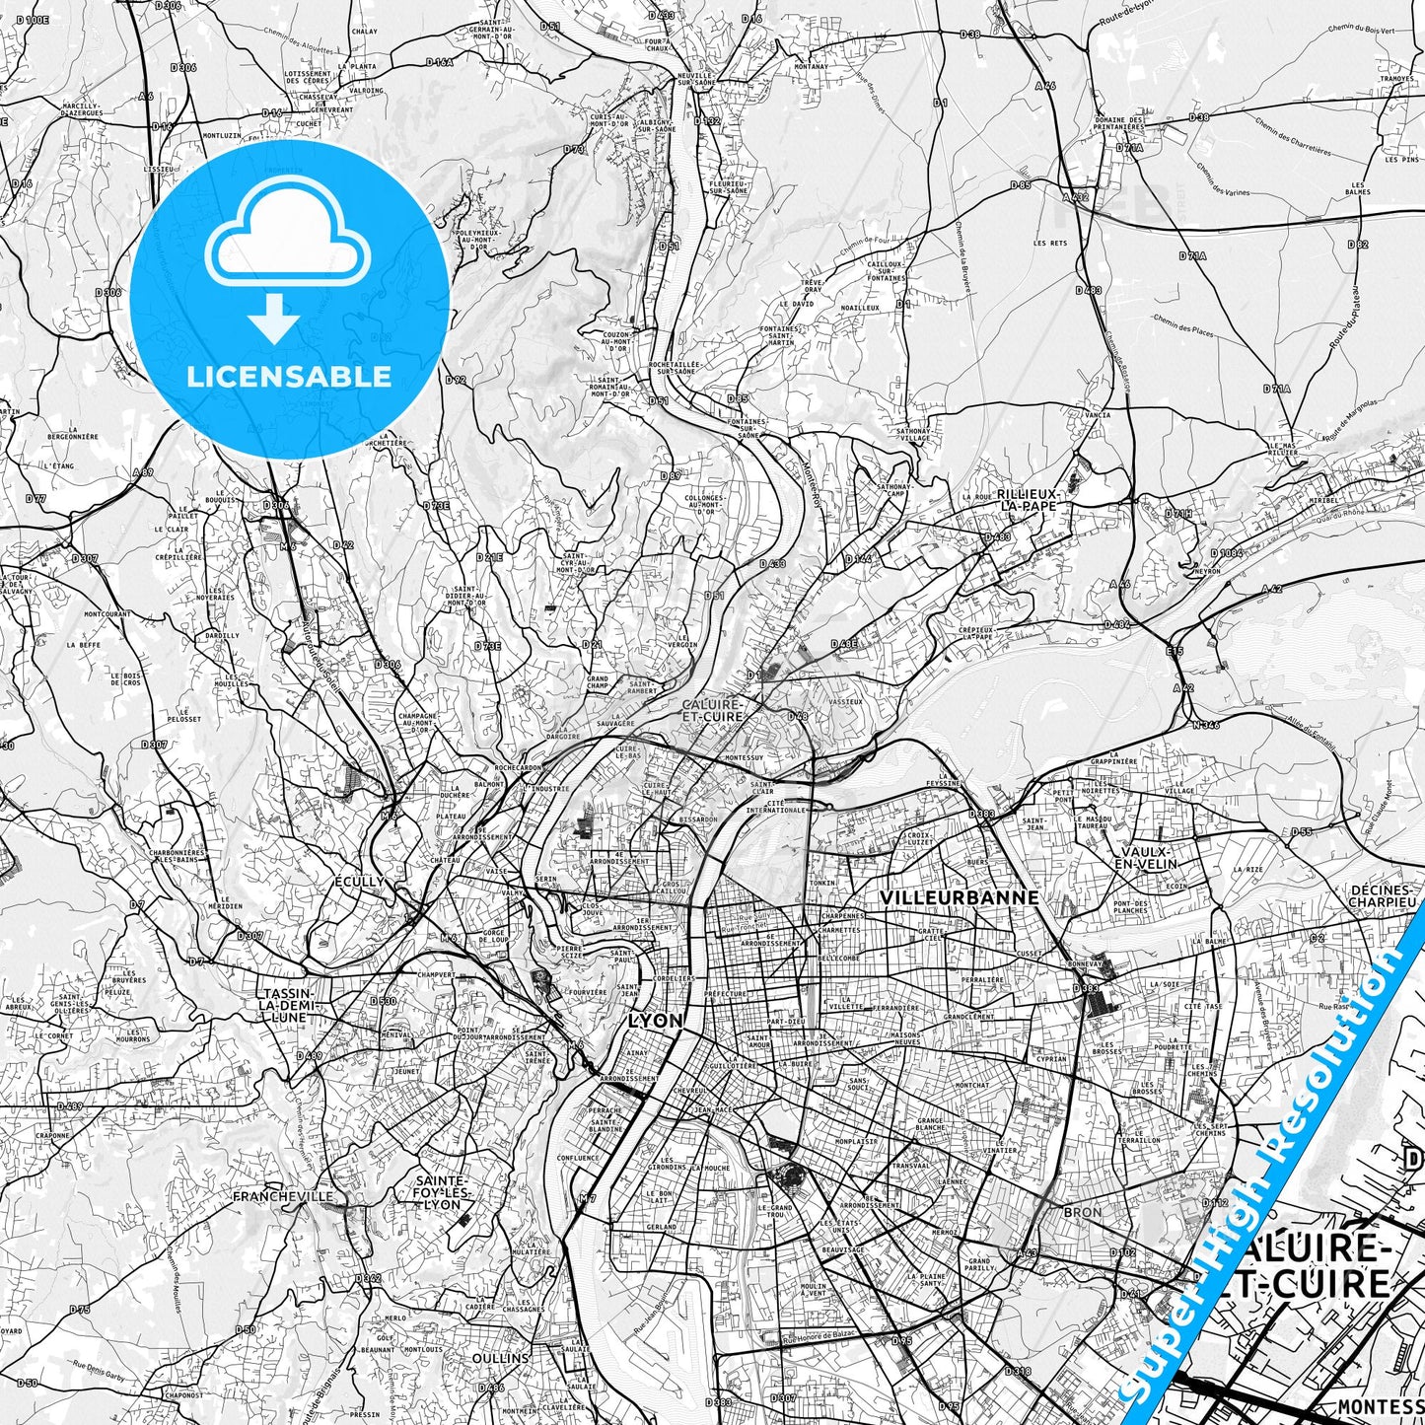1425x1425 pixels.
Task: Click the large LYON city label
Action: coord(655,1021)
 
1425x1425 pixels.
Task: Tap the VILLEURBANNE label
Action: coord(960,897)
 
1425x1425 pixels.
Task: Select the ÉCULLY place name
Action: coord(359,882)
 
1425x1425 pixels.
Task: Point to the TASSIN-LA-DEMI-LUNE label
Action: coord(285,1004)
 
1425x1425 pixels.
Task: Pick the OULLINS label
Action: coord(500,1358)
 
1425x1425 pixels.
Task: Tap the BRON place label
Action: coord(1083,1212)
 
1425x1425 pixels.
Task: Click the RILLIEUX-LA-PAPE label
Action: coord(1027,499)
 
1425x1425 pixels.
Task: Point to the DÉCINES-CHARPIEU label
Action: coord(1382,895)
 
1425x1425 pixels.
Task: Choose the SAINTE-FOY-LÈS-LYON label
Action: coord(440,1192)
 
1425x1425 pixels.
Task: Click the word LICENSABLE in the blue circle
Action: coord(289,377)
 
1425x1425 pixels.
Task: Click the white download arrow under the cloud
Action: coord(274,319)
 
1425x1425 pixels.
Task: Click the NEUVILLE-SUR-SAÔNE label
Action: coord(695,79)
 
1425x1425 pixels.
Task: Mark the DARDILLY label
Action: coord(222,636)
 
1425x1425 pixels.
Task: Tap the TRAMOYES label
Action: coord(1396,78)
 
